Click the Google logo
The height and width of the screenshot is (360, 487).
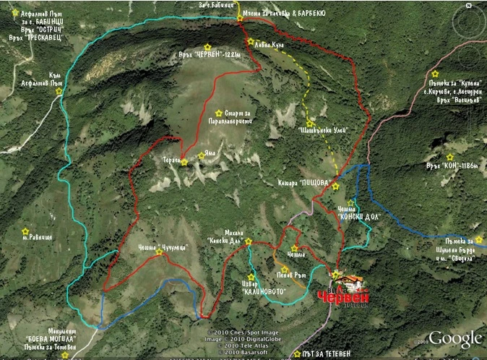point(456,338)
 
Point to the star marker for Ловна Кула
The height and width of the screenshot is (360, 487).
point(251,42)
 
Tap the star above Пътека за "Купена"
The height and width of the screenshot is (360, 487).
point(436,74)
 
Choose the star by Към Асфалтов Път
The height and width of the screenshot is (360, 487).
point(59,92)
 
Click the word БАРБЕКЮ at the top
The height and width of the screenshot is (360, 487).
point(316,13)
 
